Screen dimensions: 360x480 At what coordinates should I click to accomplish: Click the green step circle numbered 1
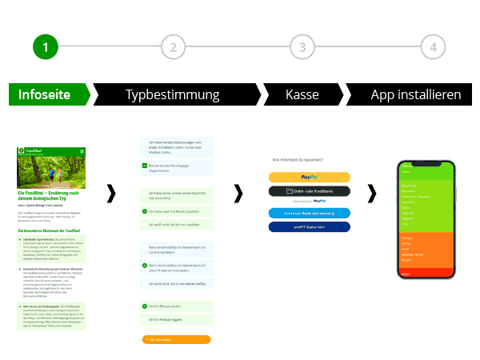pyautogui.click(x=46, y=47)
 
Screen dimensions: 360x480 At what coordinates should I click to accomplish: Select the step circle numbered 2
pyautogui.click(x=173, y=47)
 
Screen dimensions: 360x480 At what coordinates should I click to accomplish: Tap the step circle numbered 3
pyautogui.click(x=302, y=47)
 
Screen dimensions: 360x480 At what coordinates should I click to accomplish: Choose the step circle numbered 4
pyautogui.click(x=433, y=47)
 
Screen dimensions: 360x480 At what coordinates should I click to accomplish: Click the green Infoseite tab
pyautogui.click(x=45, y=94)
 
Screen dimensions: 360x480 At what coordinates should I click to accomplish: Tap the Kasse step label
pyautogui.click(x=302, y=94)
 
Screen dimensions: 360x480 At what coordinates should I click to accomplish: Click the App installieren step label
pyautogui.click(x=415, y=94)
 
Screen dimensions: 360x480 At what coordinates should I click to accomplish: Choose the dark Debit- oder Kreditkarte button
pyautogui.click(x=310, y=191)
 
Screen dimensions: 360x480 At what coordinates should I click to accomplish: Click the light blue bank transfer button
pyautogui.click(x=310, y=213)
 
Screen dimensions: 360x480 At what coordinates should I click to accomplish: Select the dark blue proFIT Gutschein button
pyautogui.click(x=310, y=227)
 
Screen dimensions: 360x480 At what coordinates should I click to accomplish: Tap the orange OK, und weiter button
pyautogui.click(x=174, y=339)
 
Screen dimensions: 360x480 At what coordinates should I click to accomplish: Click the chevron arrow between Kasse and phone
pyautogui.click(x=371, y=194)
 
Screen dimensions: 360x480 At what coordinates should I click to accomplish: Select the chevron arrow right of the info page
pyautogui.click(x=111, y=194)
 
